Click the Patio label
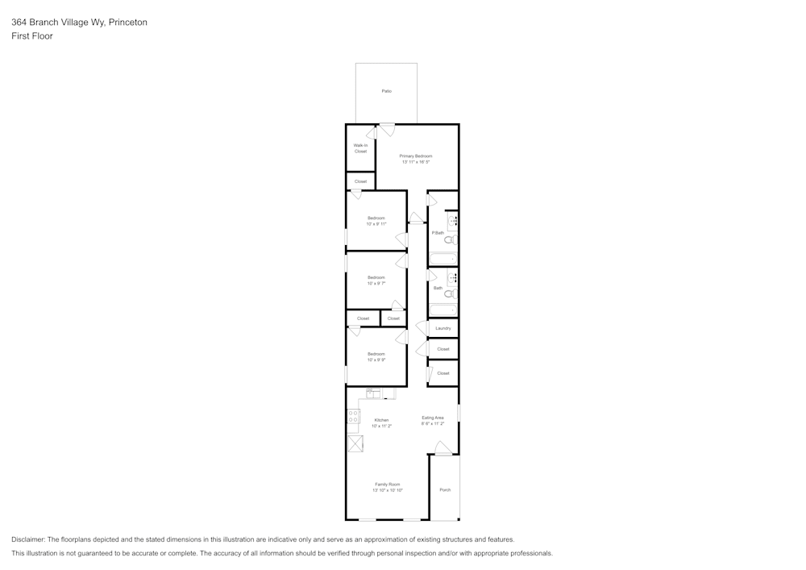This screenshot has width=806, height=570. [387, 91]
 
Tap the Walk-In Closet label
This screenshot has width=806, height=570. [360, 148]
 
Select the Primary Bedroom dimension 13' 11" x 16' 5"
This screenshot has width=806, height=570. [416, 162]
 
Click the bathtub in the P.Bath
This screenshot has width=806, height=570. [442, 259]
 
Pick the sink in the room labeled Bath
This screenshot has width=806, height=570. [453, 278]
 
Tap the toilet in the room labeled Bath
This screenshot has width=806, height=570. [451, 293]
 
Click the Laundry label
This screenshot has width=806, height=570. [443, 328]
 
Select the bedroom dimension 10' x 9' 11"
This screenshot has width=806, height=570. [376, 224]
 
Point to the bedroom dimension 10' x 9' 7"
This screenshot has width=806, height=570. [376, 283]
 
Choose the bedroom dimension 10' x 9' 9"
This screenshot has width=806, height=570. [376, 360]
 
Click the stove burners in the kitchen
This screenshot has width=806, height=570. [354, 416]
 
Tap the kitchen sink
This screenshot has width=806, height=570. [374, 393]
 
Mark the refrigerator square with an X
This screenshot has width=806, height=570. [355, 443]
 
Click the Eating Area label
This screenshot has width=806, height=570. [433, 418]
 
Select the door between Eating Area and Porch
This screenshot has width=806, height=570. [442, 449]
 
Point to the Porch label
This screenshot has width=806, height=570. [445, 490]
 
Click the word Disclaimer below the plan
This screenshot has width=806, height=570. [28, 539]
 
